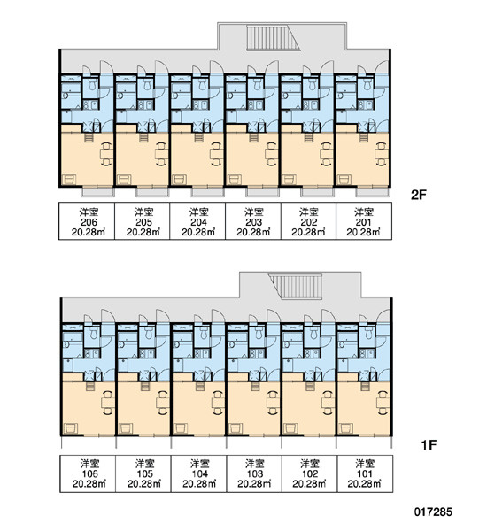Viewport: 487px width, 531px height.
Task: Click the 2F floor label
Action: (418, 195)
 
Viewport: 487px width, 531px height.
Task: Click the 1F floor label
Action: (429, 444)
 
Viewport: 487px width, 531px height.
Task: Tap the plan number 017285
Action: (433, 512)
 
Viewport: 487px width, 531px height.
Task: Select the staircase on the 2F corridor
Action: (273, 37)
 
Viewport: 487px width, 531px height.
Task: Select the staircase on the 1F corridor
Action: (295, 287)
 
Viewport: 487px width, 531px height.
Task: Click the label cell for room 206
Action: (87, 221)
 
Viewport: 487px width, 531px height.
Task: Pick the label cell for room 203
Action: (253, 221)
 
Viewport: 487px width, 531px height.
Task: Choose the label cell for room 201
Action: (364, 221)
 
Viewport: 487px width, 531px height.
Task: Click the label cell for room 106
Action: (88, 473)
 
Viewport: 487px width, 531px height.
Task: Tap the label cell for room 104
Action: (198, 473)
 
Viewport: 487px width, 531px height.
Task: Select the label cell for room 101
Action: (365, 473)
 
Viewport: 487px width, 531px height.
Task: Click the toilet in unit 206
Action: (92, 84)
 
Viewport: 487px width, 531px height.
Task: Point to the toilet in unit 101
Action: (368, 333)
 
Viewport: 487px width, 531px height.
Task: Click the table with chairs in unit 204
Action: (216, 154)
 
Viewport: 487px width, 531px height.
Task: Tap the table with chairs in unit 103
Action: (273, 403)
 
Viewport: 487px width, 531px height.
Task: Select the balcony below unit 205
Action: (151, 192)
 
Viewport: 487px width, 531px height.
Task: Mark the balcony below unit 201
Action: (372, 192)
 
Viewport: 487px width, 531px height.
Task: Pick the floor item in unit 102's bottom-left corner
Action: (290, 428)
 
